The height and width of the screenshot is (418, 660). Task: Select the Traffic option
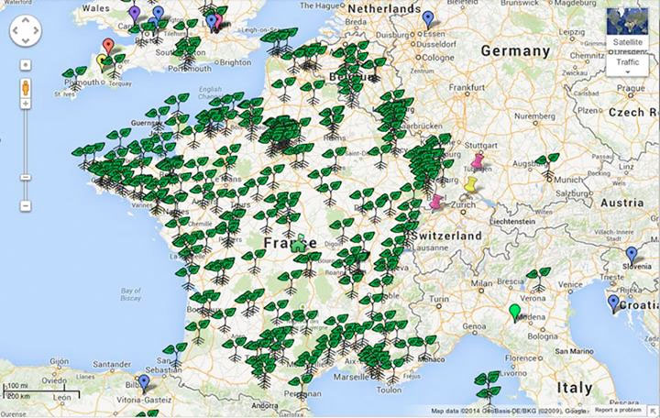(628, 62)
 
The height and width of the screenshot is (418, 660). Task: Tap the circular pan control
(25, 33)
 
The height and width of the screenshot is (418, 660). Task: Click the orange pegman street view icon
(25, 88)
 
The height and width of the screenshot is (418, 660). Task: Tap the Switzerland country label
(446, 236)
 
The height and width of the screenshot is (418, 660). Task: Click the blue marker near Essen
(428, 18)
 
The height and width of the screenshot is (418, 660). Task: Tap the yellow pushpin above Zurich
(471, 186)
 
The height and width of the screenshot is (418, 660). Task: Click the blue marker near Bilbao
(143, 382)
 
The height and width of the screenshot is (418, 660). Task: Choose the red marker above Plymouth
(108, 46)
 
